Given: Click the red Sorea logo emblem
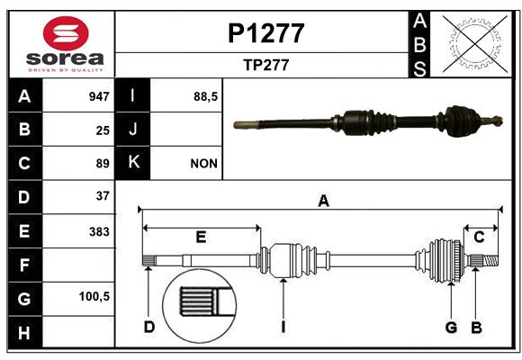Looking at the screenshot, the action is (x=66, y=33).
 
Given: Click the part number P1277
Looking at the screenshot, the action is (x=266, y=33).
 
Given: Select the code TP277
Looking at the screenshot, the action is (x=266, y=65).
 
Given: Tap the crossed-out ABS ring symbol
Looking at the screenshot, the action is (x=475, y=43).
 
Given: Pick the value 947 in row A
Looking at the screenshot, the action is (x=99, y=96).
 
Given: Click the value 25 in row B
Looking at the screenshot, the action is (x=103, y=130).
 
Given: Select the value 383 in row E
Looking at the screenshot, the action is (x=99, y=232).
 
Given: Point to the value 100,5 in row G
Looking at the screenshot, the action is (x=94, y=296).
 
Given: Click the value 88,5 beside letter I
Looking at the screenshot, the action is (x=205, y=96).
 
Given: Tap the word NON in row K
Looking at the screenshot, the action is (x=203, y=164).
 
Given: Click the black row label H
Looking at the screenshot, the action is (x=25, y=332).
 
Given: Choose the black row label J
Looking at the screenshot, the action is (x=132, y=129).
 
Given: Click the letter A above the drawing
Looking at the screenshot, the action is (x=323, y=201).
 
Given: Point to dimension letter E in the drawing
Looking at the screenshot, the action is (x=201, y=237).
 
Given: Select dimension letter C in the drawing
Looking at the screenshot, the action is (x=479, y=238).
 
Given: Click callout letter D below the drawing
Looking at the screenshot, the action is (x=149, y=327).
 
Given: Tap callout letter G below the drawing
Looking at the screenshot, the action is (x=451, y=328).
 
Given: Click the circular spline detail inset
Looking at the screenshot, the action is (x=200, y=306).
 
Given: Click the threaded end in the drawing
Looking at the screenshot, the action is (x=490, y=260).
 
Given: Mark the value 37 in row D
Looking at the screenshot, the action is (x=103, y=196).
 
